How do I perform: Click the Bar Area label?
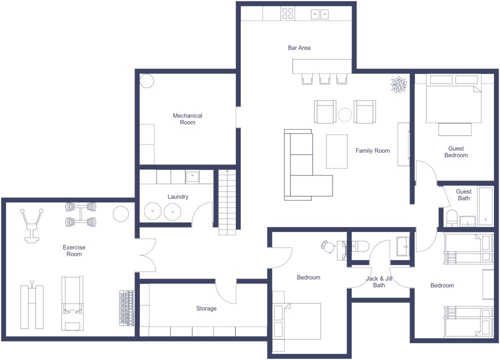[x=299, y=48]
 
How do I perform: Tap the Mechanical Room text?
[x=187, y=119]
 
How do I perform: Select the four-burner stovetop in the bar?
[x=287, y=13]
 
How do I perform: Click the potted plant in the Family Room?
[x=398, y=84]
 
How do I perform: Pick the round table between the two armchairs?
[x=345, y=114]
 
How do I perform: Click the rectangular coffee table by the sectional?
[x=336, y=151]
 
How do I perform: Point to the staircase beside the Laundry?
[x=227, y=202]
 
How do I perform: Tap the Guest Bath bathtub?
[x=485, y=206]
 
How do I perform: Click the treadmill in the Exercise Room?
[x=72, y=302]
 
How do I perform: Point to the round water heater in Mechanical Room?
[x=146, y=81]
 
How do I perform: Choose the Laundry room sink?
[x=192, y=176]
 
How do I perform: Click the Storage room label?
[x=206, y=308]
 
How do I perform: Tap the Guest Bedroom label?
[x=456, y=152]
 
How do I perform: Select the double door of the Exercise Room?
[x=147, y=255]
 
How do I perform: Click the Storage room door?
[x=226, y=291]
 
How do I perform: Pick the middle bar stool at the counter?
[x=325, y=79]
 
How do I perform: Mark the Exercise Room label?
[x=74, y=250]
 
